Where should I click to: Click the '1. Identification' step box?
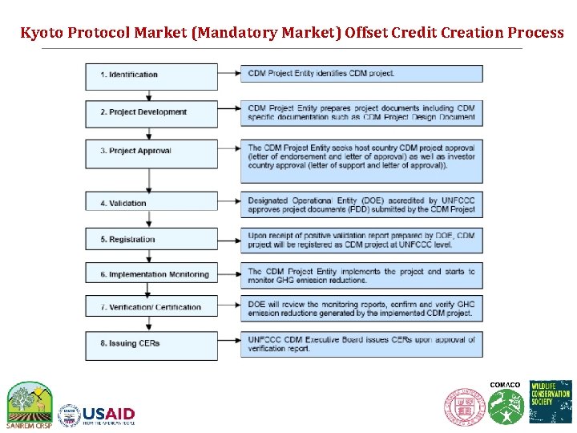(151, 75)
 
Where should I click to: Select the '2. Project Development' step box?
(151, 112)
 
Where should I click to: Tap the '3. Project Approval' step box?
(151, 151)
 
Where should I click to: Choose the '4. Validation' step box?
(151, 202)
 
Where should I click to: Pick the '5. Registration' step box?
(151, 239)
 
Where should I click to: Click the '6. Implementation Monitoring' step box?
(151, 273)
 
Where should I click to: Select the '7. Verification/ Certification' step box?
(151, 307)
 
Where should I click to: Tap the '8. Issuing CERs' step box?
(151, 343)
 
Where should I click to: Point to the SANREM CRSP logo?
(30, 403)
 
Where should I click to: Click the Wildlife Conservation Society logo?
(551, 401)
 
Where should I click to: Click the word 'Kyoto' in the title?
(42, 33)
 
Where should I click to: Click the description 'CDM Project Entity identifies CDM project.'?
(361, 74)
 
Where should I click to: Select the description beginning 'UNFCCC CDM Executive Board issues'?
(361, 344)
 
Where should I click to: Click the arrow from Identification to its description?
(229, 74)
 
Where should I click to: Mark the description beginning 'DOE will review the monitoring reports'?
(361, 309)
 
